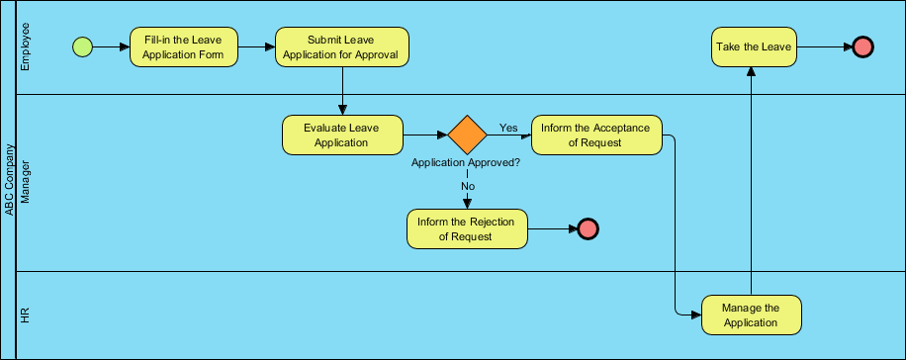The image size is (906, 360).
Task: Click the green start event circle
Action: point(82,46)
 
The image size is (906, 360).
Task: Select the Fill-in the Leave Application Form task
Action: point(184,46)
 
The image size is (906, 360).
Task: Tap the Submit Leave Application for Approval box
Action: point(341,46)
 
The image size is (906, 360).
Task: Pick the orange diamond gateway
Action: point(467,135)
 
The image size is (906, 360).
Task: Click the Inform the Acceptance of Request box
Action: point(596,135)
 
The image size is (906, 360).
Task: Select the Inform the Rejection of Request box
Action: point(467,228)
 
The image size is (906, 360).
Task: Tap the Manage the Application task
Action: point(752,315)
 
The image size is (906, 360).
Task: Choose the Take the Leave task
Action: point(753,46)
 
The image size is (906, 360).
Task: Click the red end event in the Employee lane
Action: point(862,46)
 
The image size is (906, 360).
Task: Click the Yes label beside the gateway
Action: point(508,128)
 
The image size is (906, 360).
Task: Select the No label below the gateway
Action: point(468,185)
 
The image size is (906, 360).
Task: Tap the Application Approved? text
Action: point(466,162)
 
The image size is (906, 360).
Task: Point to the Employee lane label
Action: point(27,47)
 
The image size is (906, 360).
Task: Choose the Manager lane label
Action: point(27,183)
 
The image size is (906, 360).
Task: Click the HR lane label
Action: point(27,315)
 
